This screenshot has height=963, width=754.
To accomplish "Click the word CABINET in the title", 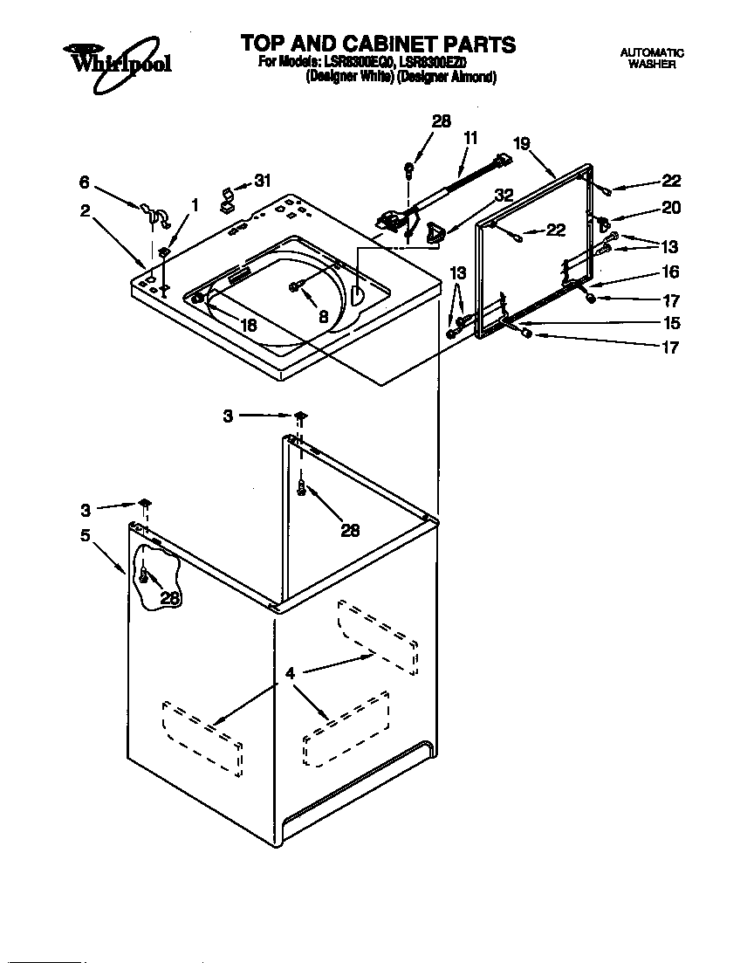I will pos(388,44).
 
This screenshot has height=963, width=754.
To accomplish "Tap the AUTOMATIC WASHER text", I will pos(651,58).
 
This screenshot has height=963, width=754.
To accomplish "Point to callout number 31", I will pos(262,181).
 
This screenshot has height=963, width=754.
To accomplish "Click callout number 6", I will pos(84,182).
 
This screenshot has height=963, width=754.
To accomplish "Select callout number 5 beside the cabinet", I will pos(86,535).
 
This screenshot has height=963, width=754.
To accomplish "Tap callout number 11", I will pos(470,137).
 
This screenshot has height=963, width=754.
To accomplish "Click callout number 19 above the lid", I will pos(522,144).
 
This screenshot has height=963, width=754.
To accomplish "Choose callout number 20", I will pos(670,208).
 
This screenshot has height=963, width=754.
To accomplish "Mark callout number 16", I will pos(670,272).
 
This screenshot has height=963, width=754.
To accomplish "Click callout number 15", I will pos(670,322).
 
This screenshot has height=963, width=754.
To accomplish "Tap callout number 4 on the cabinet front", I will pos(290,673).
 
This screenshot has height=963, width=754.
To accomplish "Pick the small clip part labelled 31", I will pos(227,200).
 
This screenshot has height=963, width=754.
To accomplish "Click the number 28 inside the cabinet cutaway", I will pos(169,598).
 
